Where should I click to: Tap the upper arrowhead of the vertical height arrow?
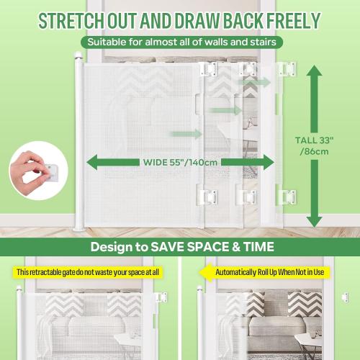point(313,70)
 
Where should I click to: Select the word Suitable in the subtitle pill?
point(107,42)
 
